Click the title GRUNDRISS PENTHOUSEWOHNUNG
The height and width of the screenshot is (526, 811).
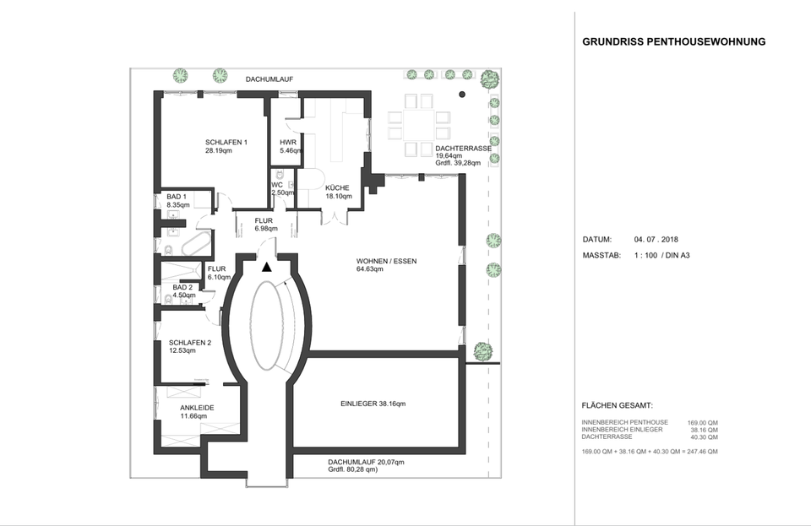(x=674, y=42)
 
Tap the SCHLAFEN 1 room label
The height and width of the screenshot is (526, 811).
(x=226, y=143)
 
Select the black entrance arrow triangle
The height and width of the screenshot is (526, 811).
(x=267, y=267)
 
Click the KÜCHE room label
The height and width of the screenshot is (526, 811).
(x=337, y=188)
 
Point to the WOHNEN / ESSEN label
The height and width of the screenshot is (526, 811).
(x=386, y=262)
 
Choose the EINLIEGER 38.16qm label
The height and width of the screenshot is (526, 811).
(x=373, y=404)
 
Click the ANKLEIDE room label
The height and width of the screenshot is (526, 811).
(x=197, y=408)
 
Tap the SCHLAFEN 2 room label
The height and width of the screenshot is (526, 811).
(x=190, y=343)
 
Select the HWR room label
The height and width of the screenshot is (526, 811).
(x=288, y=143)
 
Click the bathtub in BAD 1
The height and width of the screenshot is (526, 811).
(x=197, y=243)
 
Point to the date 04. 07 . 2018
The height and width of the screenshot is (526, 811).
(x=656, y=240)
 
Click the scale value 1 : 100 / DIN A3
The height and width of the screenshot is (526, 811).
(x=662, y=255)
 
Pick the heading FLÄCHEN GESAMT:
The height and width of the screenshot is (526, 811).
(x=617, y=406)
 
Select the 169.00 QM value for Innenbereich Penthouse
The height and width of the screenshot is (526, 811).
(x=702, y=423)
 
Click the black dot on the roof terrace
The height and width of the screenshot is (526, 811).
(x=462, y=95)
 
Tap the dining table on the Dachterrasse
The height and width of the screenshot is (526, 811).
(x=418, y=124)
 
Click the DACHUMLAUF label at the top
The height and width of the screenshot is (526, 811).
(x=269, y=79)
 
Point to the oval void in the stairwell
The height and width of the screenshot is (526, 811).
(x=267, y=325)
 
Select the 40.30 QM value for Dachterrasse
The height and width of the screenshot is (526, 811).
(x=704, y=437)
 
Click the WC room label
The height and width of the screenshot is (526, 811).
(x=277, y=185)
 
